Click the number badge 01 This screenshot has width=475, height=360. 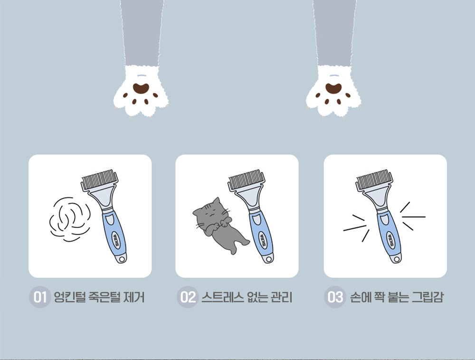(40, 297)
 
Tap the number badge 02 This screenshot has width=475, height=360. (188, 297)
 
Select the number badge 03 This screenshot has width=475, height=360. (335, 297)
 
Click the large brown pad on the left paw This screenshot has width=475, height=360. (141, 88)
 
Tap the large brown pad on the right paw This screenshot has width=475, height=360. (333, 88)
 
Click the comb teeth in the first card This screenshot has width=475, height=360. (99, 179)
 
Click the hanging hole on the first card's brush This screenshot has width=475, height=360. (122, 259)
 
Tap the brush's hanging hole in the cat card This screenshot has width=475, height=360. (269, 259)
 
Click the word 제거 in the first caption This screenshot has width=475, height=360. (134, 297)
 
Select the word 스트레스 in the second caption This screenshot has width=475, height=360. (222, 297)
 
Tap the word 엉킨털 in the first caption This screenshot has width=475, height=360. (69, 297)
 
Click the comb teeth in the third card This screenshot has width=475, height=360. (374, 179)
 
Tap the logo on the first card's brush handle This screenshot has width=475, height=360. (116, 240)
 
